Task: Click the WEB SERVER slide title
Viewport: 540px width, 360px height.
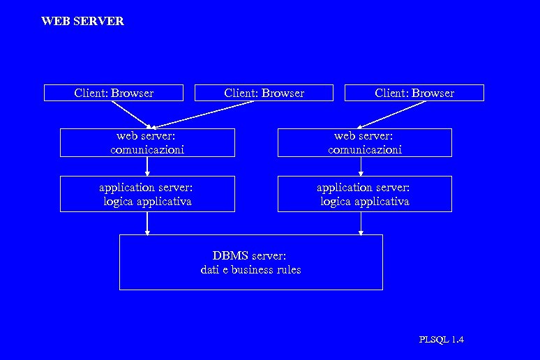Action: pos(82,21)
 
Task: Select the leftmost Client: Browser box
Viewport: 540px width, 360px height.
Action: pos(114,93)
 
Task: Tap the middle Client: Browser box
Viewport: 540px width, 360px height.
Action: pos(264,93)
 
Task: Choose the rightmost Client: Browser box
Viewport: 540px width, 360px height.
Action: pos(414,93)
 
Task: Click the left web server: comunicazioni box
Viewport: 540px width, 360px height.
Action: pos(147,142)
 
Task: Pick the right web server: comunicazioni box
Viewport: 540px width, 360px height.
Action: pos(364,142)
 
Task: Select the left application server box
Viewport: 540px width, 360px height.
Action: pos(147,194)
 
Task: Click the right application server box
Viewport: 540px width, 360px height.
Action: pos(364,194)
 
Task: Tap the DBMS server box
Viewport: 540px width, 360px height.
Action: pos(250,262)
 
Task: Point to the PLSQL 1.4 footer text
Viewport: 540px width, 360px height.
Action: pos(441,340)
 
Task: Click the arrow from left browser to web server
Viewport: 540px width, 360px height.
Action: pos(130,114)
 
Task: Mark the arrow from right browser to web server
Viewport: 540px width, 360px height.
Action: pos(394,114)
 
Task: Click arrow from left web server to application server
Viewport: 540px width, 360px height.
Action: pos(147,166)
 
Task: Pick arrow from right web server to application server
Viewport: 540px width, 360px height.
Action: pos(361,166)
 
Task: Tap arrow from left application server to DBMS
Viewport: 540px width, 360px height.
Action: pos(147,223)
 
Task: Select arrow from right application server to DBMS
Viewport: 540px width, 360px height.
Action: pos(361,223)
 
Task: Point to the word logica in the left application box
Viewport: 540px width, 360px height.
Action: pos(119,202)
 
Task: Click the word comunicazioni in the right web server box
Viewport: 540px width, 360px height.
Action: pos(364,149)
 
